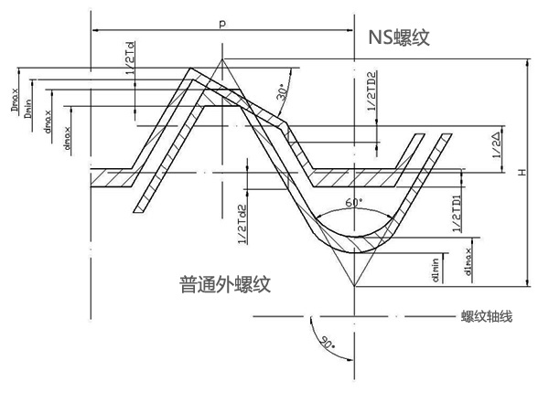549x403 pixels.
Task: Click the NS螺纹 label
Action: [399, 37]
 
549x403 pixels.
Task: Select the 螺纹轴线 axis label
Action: [486, 317]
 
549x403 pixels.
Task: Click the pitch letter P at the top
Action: [222, 22]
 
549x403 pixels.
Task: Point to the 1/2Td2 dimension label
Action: [242, 223]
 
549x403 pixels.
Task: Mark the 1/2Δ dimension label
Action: [495, 145]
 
